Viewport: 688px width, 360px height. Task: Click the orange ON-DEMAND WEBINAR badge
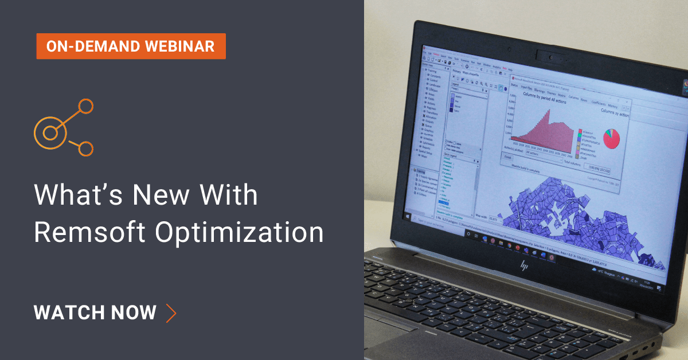click(x=131, y=46)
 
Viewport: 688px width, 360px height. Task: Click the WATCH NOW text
click(x=95, y=312)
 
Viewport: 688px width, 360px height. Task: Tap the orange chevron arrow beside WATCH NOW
click(x=170, y=312)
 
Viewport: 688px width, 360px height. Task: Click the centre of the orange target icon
click(x=50, y=132)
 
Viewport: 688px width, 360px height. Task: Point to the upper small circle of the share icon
click(x=85, y=106)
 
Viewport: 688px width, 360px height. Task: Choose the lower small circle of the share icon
click(x=85, y=148)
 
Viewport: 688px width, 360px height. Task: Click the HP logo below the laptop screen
click(x=523, y=265)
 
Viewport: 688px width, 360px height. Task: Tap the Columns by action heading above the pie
click(x=615, y=114)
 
